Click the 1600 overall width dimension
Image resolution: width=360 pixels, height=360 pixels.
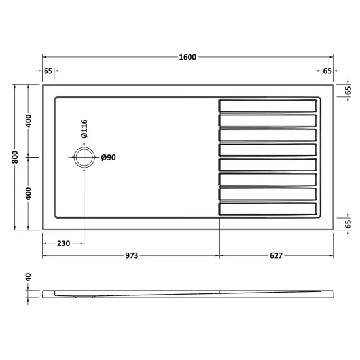pyautogui.click(x=188, y=57)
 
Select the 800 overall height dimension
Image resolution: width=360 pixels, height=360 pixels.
pyautogui.click(x=15, y=157)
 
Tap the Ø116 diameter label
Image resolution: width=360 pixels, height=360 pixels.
pyautogui.click(x=84, y=129)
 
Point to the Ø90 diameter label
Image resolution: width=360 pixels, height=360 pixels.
pyautogui.click(x=109, y=158)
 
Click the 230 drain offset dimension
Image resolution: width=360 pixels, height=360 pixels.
pyautogui.click(x=63, y=243)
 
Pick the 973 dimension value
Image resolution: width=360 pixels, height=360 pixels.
pyautogui.click(x=132, y=255)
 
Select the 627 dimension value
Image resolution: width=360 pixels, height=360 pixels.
pyautogui.click(x=276, y=255)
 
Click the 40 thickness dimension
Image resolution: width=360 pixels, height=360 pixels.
pyautogui.click(x=28, y=277)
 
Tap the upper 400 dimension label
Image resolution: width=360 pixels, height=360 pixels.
pyautogui.click(x=28, y=121)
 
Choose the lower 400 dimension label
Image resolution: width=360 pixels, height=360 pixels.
pyautogui.click(x=28, y=194)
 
